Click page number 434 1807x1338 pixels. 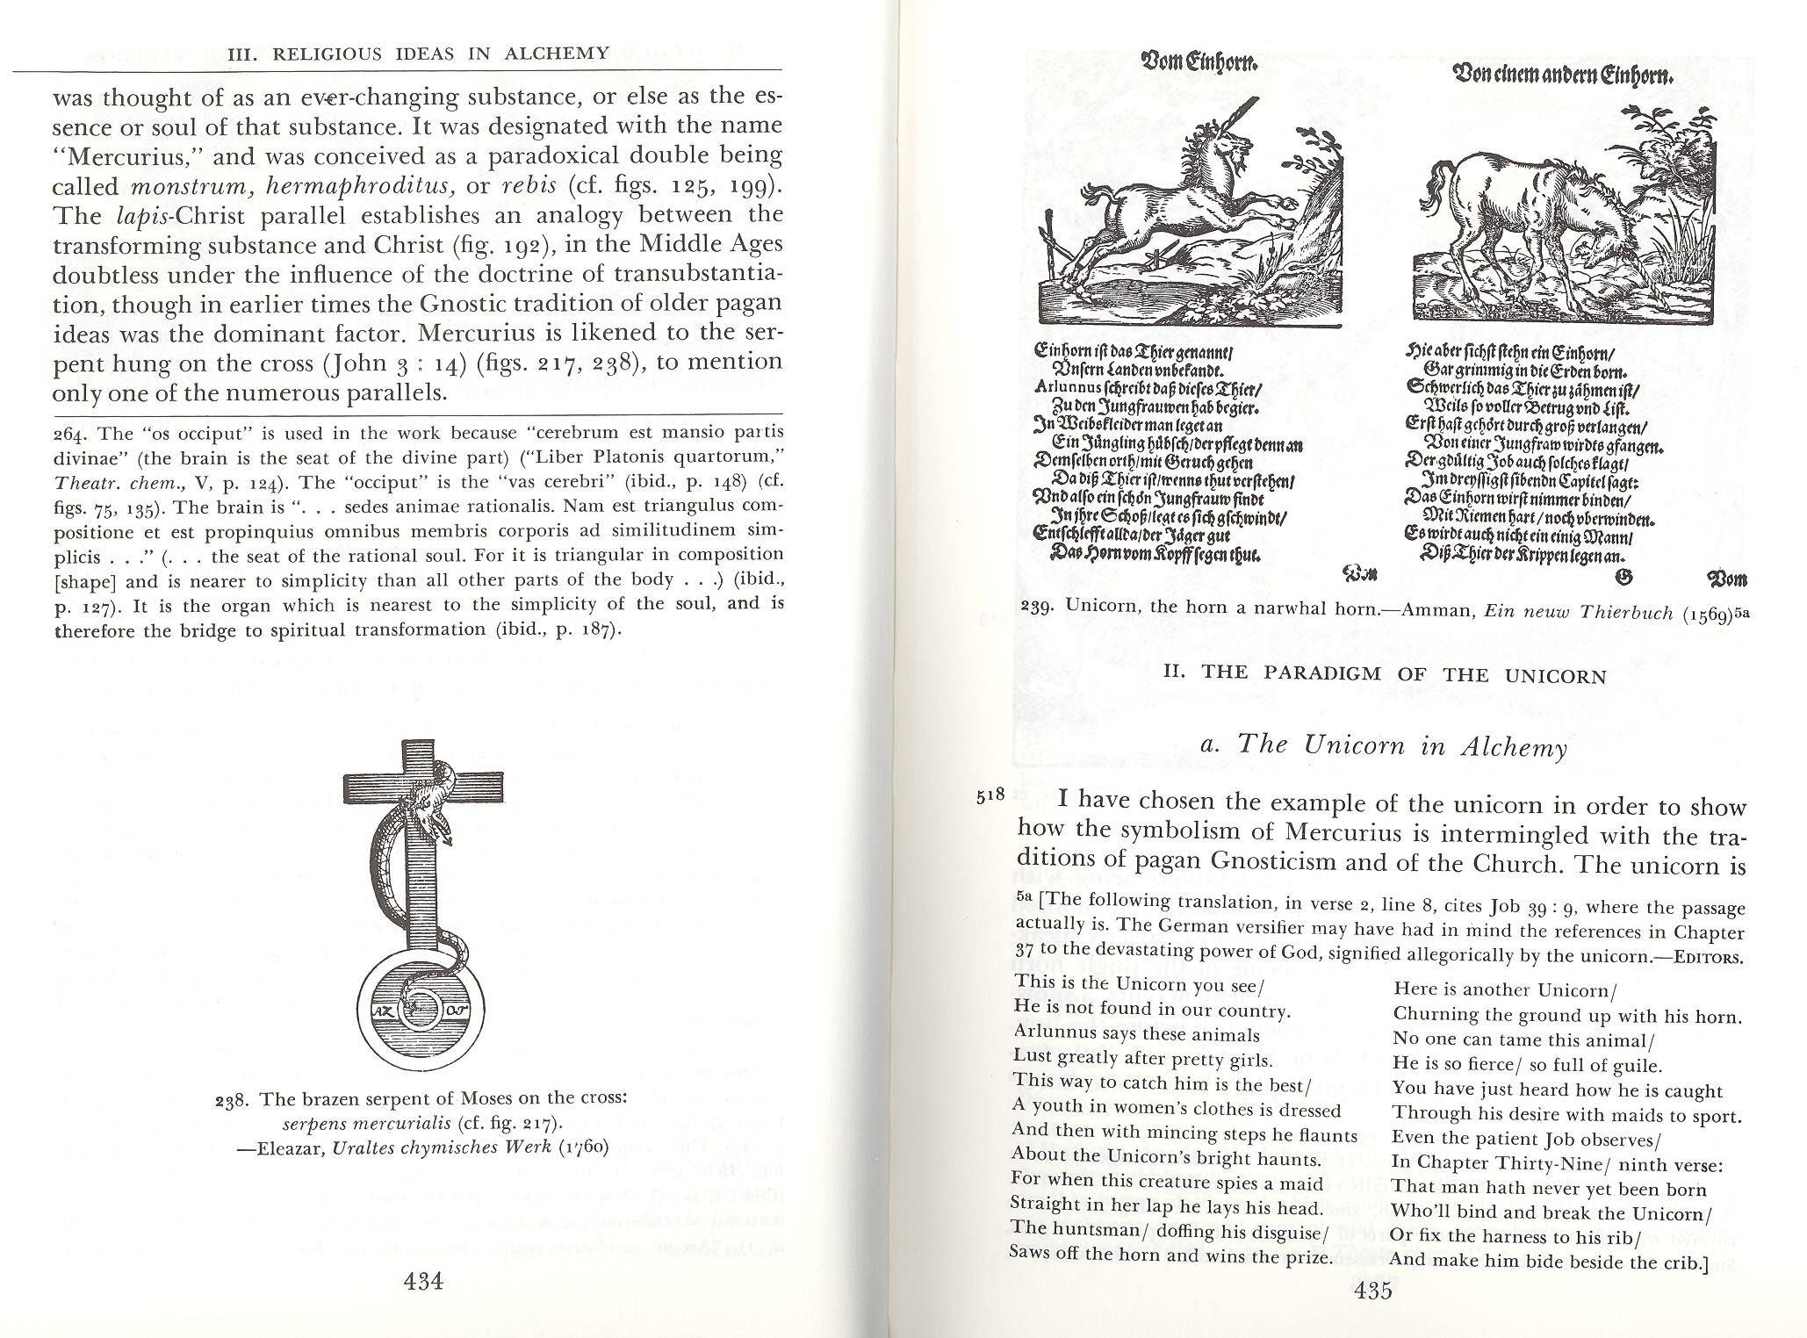(x=422, y=1281)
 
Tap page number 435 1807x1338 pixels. (x=1373, y=1291)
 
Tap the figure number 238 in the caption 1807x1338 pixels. (x=234, y=1099)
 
